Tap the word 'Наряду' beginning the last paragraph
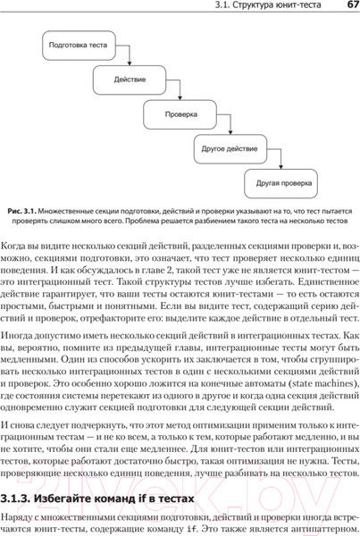pyautogui.click(x=21, y=517)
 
